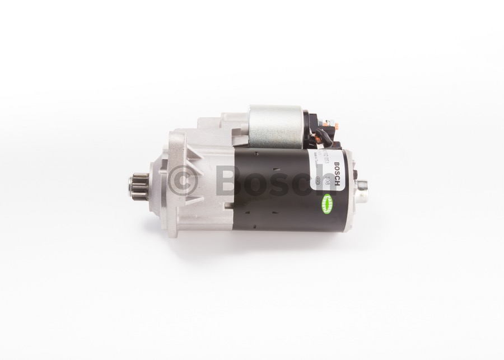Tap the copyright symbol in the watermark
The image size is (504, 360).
pos(183,180)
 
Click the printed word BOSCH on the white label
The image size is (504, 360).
pos(336,172)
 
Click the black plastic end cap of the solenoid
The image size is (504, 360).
pos(309,128)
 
